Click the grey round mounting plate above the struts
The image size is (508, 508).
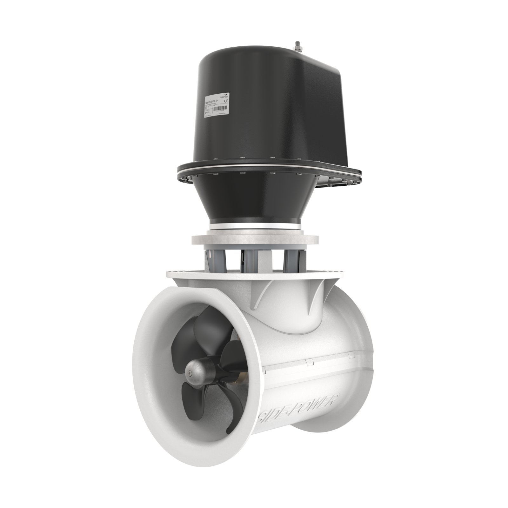pyautogui.click(x=254, y=238)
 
